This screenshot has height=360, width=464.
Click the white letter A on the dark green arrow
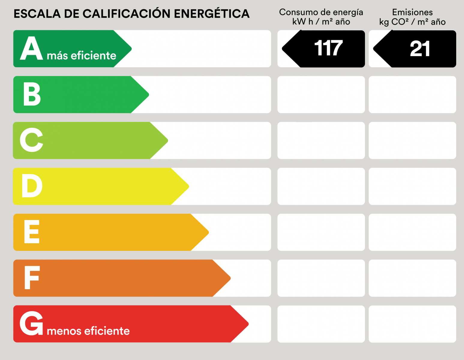point(31,48)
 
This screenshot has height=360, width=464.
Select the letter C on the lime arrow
point(31,140)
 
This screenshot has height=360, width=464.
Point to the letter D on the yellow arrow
point(32,186)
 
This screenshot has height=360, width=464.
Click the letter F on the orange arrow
point(32,277)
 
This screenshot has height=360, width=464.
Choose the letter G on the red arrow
point(31,323)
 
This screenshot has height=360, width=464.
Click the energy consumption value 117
point(328,48)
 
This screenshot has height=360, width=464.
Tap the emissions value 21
point(420,49)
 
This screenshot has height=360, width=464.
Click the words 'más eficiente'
point(81,56)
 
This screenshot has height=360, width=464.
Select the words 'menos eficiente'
point(88,331)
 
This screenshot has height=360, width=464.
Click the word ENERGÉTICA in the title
point(211,14)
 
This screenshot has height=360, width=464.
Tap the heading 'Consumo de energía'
point(321,12)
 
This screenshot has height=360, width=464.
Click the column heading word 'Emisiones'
point(412,12)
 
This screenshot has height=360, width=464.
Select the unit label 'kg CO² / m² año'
point(412,22)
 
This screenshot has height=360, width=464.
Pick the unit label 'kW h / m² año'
point(321,22)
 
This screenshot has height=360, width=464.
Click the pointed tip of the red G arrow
point(247,324)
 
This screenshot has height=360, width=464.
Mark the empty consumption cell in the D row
point(321,186)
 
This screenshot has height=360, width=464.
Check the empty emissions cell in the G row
point(412,324)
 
